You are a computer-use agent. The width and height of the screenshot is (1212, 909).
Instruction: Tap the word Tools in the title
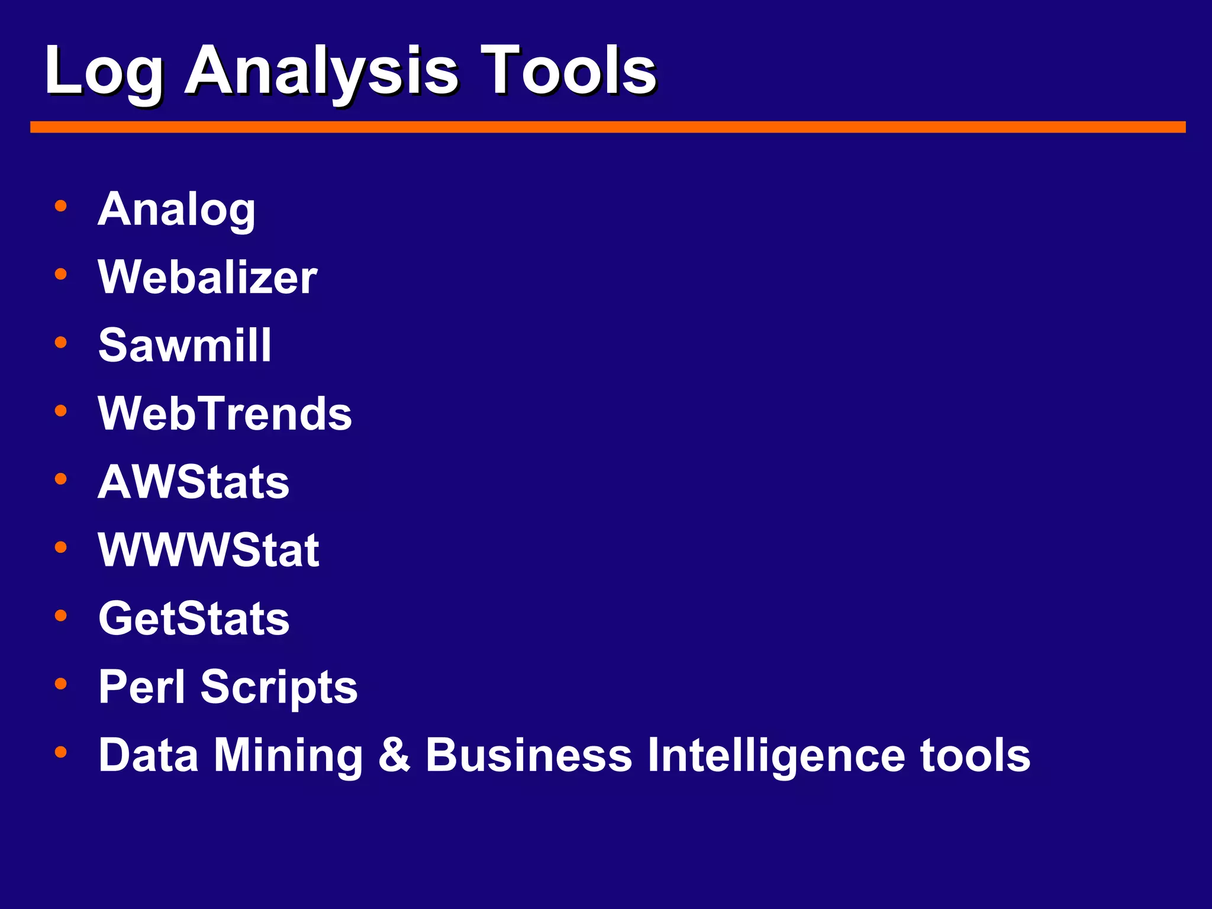pyautogui.click(x=568, y=71)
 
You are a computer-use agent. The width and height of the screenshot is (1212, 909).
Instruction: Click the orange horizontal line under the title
pyautogui.click(x=608, y=127)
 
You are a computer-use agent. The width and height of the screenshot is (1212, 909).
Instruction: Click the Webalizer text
pyautogui.click(x=208, y=277)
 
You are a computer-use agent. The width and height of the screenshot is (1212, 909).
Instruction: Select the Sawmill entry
pyautogui.click(x=185, y=345)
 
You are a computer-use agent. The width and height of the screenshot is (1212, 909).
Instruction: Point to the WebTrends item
pyautogui.click(x=225, y=413)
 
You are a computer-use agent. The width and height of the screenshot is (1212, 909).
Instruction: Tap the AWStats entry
pyautogui.click(x=194, y=482)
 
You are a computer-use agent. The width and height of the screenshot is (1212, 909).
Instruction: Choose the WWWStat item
pyautogui.click(x=208, y=550)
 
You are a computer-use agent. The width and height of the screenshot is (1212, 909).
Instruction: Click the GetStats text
pyautogui.click(x=194, y=618)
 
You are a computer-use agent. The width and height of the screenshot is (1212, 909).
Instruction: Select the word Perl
pyautogui.click(x=142, y=687)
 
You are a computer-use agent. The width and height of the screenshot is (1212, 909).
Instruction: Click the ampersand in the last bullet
pyautogui.click(x=394, y=755)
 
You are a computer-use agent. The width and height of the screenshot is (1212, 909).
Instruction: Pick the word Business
pyautogui.click(x=529, y=755)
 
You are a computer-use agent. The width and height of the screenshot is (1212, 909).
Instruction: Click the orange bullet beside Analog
pyautogui.click(x=60, y=206)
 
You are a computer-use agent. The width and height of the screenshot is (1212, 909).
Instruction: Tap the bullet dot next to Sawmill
pyautogui.click(x=60, y=342)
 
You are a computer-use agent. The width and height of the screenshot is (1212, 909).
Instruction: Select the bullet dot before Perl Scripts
pyautogui.click(x=60, y=684)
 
